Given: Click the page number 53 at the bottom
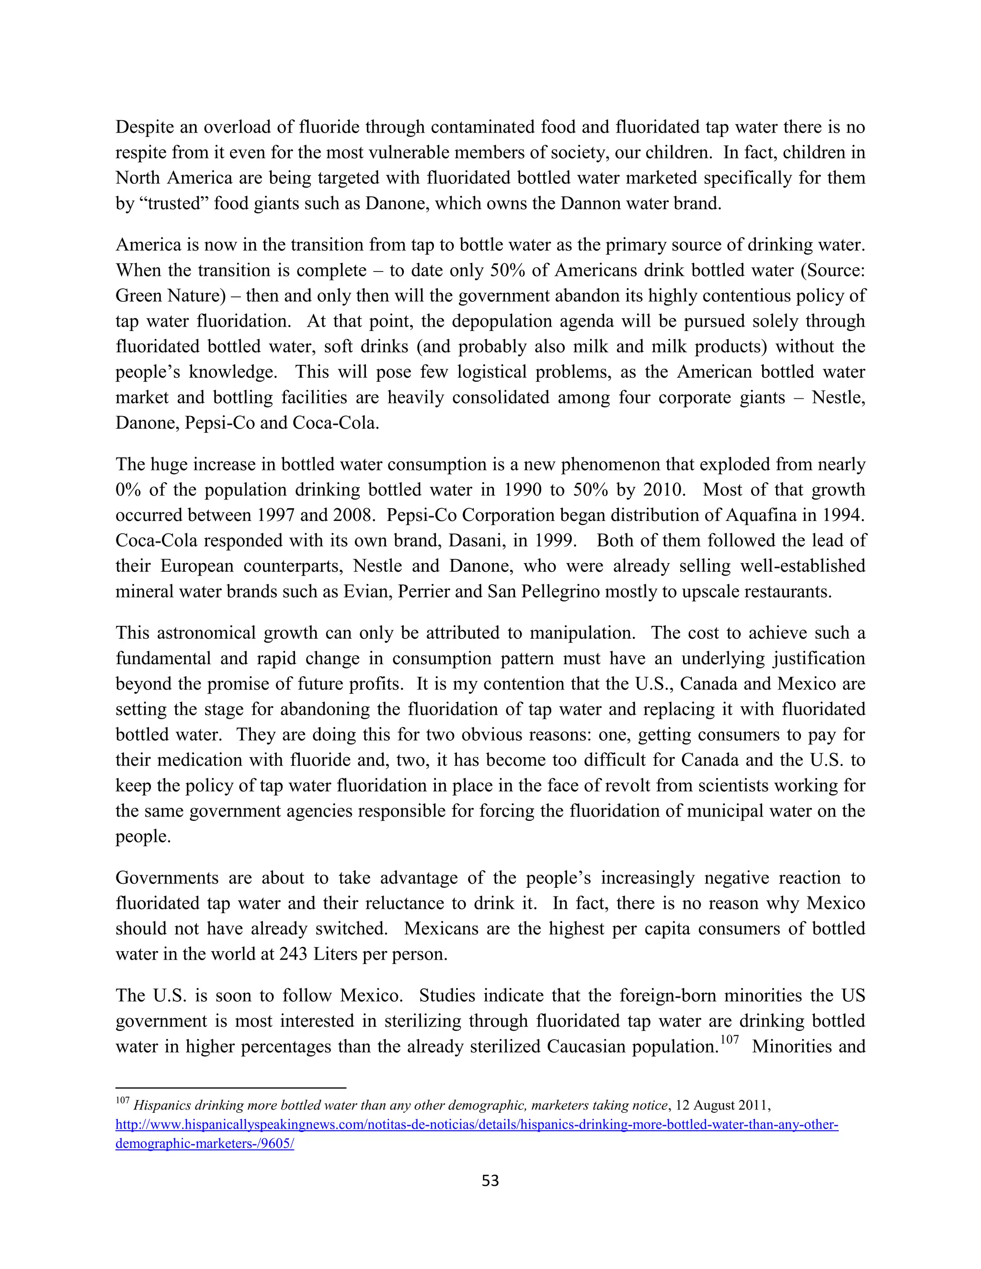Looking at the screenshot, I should pyautogui.click(x=490, y=1180).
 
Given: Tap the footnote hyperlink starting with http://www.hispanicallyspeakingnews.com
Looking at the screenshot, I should pyautogui.click(x=477, y=1124).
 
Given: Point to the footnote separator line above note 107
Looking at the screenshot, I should pyautogui.click(x=231, y=1088).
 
